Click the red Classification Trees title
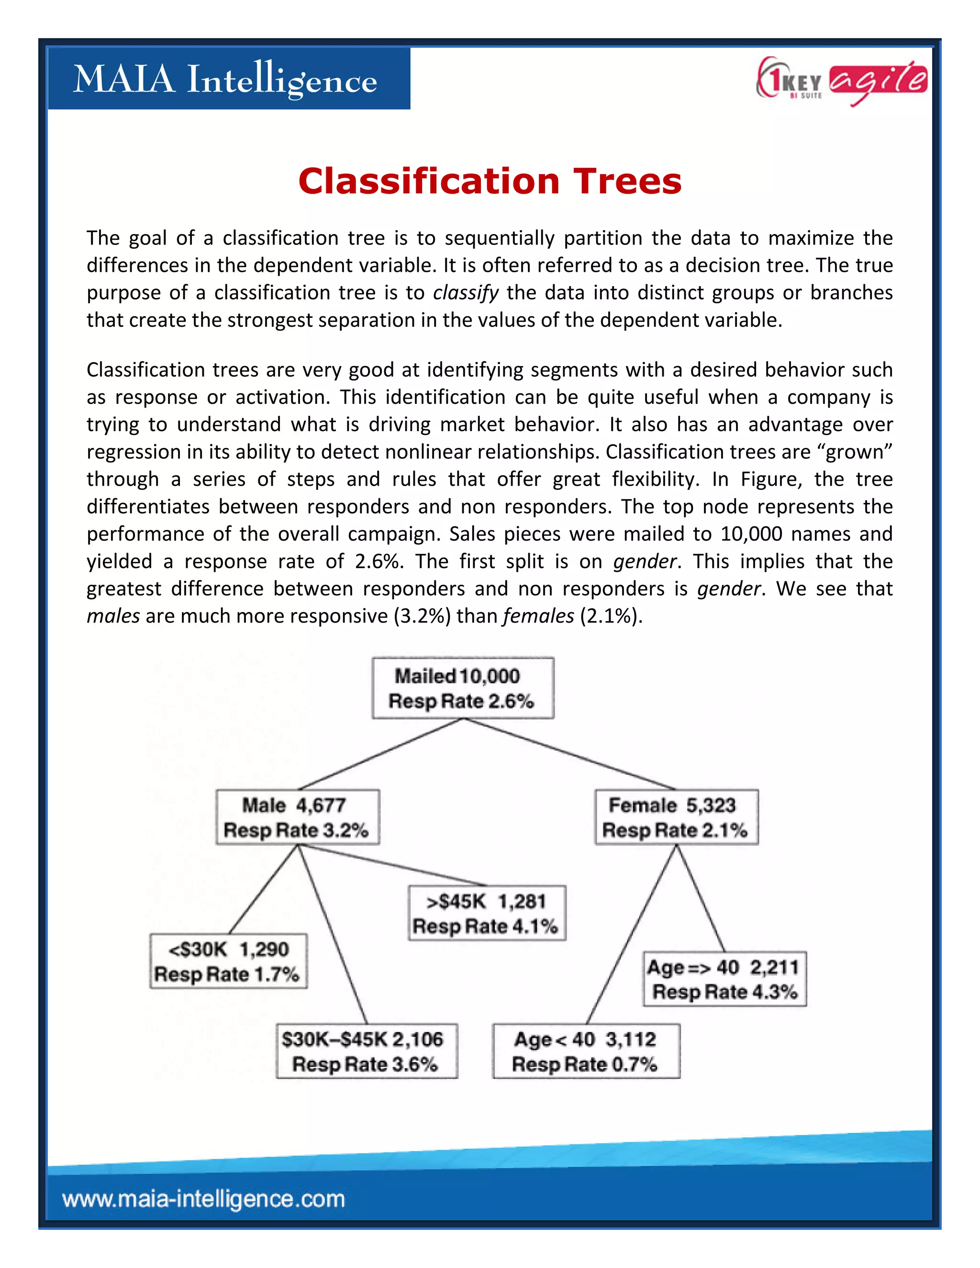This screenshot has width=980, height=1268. pyautogui.click(x=490, y=181)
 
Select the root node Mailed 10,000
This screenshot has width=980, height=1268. pyautogui.click(x=463, y=688)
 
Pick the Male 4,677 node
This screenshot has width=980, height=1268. pyautogui.click(x=297, y=817)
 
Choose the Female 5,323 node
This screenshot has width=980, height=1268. pyautogui.click(x=676, y=817)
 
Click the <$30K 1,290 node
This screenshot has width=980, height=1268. pyautogui.click(x=228, y=961)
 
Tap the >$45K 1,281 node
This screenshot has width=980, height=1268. pyautogui.click(x=487, y=912)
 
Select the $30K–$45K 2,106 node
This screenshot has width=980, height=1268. pyautogui.click(x=367, y=1051)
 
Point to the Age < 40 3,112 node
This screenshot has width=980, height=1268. pyautogui.click(x=586, y=1051)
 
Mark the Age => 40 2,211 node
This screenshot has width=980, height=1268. pyautogui.click(x=724, y=979)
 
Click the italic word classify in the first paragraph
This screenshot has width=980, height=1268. pyautogui.click(x=466, y=293)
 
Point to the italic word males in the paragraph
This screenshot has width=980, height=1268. pyautogui.click(x=113, y=616)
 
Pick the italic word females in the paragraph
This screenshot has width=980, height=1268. pyautogui.click(x=538, y=616)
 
